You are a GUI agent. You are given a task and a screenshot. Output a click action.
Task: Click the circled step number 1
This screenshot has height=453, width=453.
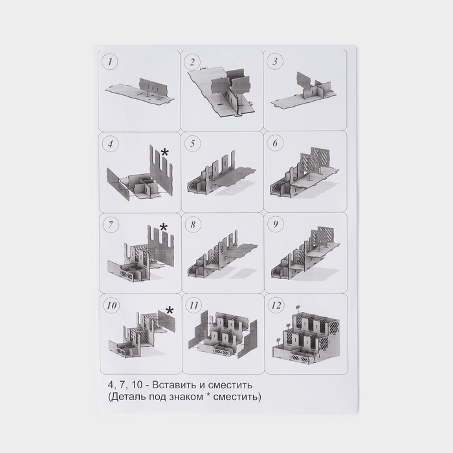110,62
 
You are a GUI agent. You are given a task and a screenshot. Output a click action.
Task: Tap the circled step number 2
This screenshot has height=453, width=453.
193,62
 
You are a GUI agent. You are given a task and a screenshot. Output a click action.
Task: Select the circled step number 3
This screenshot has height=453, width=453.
275,61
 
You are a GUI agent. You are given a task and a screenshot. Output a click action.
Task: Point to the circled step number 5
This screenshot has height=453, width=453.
193,144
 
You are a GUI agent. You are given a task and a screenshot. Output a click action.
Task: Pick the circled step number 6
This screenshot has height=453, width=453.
275,143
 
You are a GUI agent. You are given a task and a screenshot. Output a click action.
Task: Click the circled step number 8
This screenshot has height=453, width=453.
193,225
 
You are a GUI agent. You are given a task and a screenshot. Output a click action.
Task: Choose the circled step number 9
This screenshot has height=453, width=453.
276,224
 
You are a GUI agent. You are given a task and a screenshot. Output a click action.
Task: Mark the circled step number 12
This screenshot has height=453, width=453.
276,305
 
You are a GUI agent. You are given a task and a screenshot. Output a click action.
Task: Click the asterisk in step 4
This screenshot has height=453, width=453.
164,152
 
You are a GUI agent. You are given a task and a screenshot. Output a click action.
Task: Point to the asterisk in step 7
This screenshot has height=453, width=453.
164,227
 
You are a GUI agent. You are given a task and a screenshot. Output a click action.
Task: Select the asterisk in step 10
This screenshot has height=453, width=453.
170,311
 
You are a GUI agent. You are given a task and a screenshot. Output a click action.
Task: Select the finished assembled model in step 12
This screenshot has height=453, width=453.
305,337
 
